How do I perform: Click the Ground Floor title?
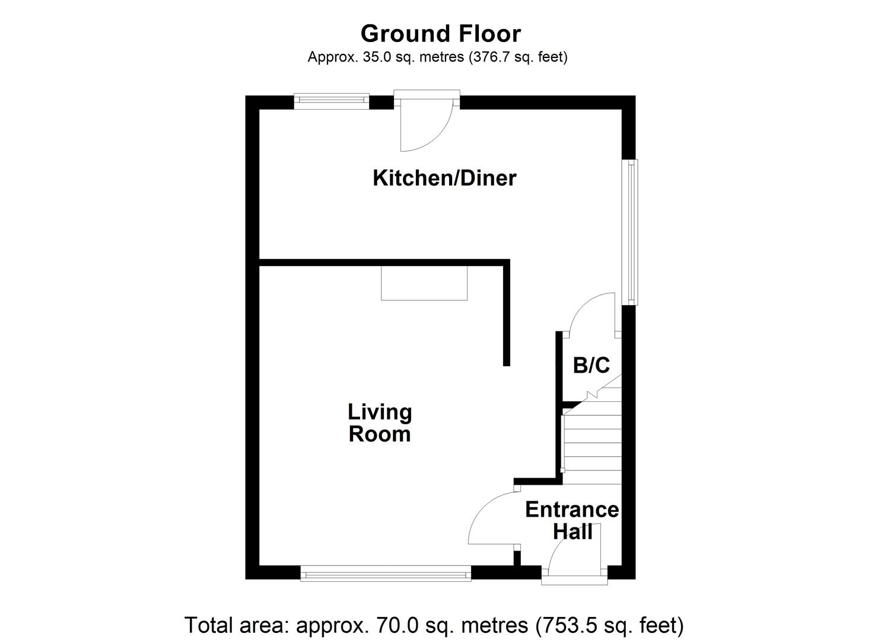click(440, 34)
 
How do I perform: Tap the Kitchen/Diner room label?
click(444, 178)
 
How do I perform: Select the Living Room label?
click(380, 423)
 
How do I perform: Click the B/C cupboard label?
click(591, 365)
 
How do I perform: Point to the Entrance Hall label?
click(572, 520)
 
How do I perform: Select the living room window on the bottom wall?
click(386, 573)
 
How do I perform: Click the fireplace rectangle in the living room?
click(424, 283)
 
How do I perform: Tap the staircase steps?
click(591, 441)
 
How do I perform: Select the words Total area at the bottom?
click(237, 625)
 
